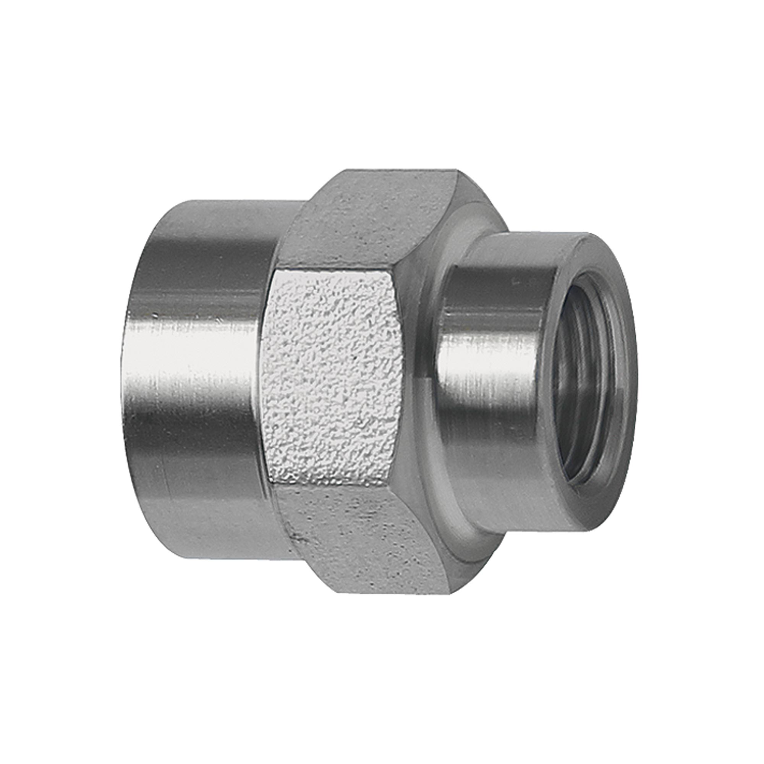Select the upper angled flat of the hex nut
[x=376, y=222]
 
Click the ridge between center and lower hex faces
[x=332, y=486]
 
